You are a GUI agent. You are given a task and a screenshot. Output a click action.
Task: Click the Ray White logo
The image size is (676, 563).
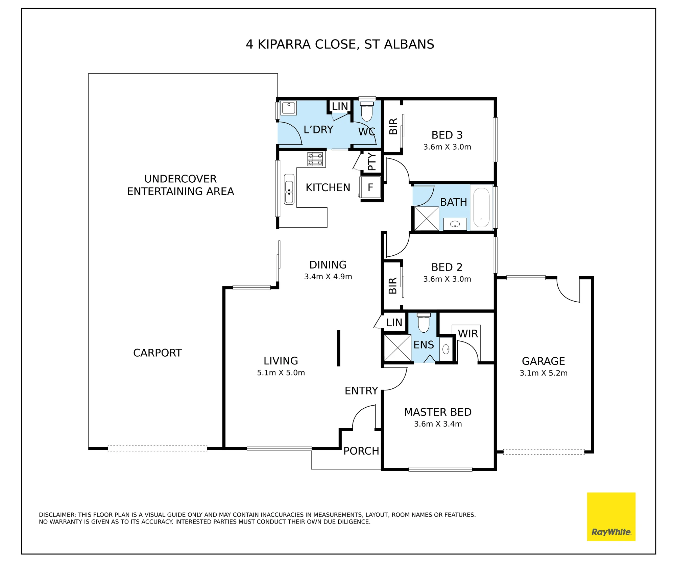(611, 517)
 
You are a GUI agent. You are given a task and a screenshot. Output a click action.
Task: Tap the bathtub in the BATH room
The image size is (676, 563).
(481, 207)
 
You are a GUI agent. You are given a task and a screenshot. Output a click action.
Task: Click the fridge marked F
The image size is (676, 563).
(370, 187)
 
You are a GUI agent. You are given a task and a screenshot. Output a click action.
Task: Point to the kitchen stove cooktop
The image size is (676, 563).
(315, 159)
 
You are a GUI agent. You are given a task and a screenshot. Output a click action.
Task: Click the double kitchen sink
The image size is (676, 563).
(289, 189)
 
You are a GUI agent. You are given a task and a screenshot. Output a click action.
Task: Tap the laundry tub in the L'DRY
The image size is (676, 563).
(289, 108)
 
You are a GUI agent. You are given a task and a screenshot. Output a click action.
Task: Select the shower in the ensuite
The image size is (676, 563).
(397, 348)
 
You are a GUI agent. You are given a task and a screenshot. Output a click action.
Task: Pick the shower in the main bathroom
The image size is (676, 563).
(427, 219)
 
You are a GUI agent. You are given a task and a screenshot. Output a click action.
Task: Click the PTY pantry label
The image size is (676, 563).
(372, 162)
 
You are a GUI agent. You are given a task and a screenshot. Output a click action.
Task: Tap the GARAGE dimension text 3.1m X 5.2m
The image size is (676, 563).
(544, 373)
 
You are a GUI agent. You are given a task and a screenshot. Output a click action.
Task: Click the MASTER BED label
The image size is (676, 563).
(438, 412)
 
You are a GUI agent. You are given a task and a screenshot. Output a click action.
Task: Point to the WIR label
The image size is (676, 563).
(468, 334)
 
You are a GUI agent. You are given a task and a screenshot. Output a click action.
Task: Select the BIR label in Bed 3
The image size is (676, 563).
(393, 126)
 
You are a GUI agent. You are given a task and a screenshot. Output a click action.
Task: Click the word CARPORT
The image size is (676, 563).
(158, 353)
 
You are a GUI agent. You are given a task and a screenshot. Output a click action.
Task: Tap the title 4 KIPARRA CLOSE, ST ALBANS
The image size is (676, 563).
(340, 44)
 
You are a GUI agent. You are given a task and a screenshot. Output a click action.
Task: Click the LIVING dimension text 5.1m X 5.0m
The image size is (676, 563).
(281, 373)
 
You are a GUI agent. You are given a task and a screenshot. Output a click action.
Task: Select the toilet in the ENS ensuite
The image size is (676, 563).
(424, 323)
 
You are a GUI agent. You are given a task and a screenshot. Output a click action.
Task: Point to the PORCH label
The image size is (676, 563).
(361, 451)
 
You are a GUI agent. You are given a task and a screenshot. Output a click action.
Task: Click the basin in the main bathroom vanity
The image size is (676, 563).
(455, 224)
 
